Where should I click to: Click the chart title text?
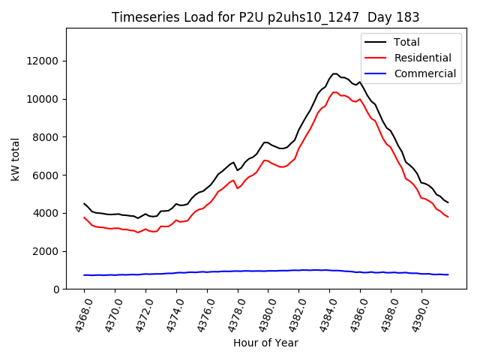265,16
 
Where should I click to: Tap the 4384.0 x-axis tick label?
323,315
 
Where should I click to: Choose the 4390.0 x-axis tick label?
415,315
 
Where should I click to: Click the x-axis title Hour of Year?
265,343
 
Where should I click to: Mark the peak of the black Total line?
334,73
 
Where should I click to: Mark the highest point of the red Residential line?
334,92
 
